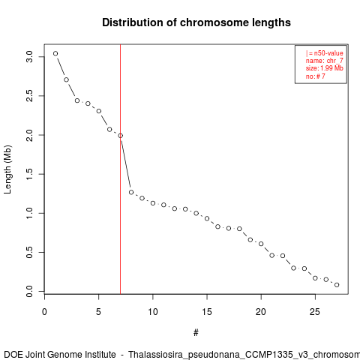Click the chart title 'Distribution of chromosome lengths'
[196, 22]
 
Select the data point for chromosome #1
[55, 53]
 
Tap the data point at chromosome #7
[121, 136]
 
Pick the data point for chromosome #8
[131, 192]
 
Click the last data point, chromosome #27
[337, 285]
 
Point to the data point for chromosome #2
[66, 79]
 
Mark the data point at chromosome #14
[196, 213]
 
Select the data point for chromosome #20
[261, 244]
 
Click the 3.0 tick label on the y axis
[29, 57]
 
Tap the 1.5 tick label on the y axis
[29, 174]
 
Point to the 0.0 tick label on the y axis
[29, 291]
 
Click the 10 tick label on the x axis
[153, 312]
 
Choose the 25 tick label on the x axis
[315, 312]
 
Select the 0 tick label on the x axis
[44, 312]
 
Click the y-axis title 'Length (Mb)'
[7, 169]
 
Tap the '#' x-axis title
[196, 333]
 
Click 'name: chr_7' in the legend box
[325, 61]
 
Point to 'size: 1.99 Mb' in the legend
[325, 68]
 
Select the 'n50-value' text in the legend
[328, 53]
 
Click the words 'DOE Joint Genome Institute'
[60, 355]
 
